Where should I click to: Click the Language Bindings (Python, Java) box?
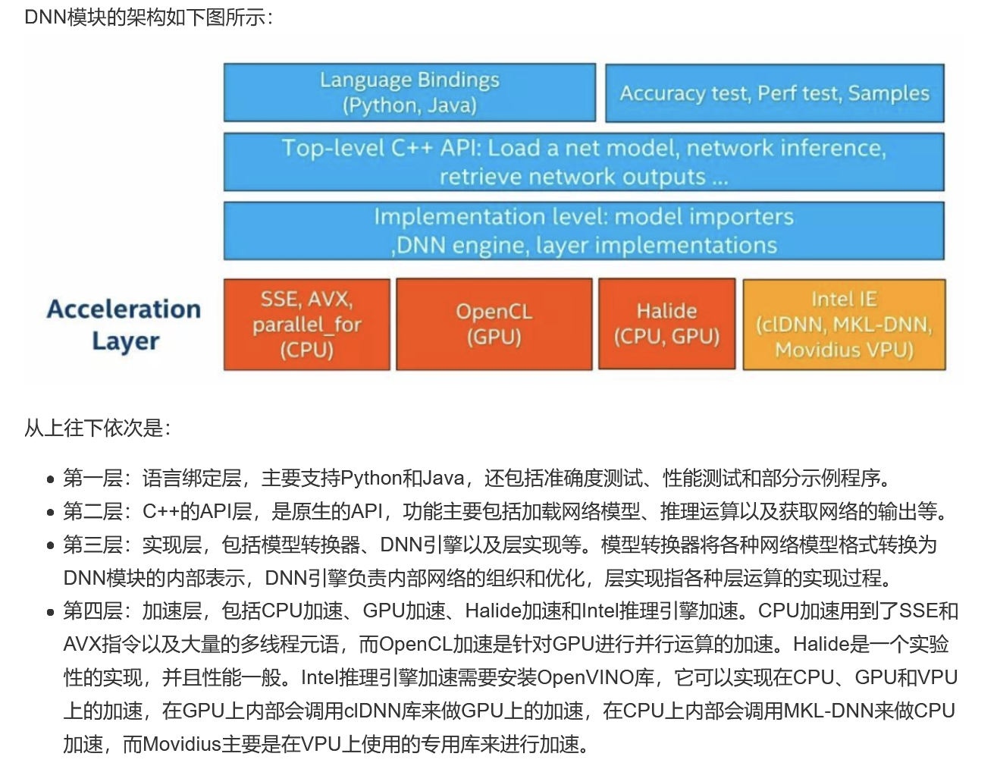409,93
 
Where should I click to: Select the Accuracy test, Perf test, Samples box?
774,93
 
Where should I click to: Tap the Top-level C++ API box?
584,162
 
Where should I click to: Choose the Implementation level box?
584,231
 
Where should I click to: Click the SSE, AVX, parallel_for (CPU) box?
306,325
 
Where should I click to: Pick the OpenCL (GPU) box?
494,325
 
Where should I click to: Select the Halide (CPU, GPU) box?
666,325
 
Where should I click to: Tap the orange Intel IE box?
844,325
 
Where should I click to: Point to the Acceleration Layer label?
124,325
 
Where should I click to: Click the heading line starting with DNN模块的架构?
149,17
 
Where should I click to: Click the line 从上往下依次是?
97,429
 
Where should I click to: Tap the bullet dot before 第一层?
50,479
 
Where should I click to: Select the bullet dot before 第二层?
50,513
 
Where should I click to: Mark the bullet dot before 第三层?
50,546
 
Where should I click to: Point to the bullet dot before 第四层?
50,612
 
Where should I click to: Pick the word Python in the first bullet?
371,478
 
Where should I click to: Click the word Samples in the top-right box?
889,93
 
